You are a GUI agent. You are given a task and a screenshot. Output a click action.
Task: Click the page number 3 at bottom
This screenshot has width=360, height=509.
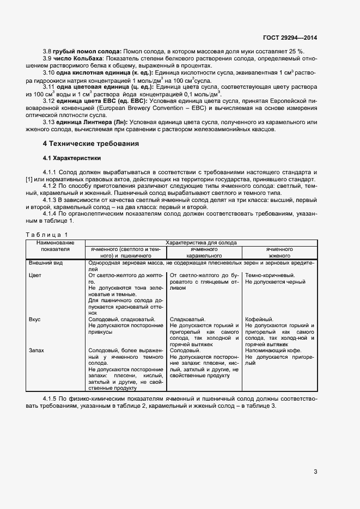315,471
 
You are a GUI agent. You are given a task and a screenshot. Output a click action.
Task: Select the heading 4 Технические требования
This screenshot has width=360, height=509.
91,144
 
